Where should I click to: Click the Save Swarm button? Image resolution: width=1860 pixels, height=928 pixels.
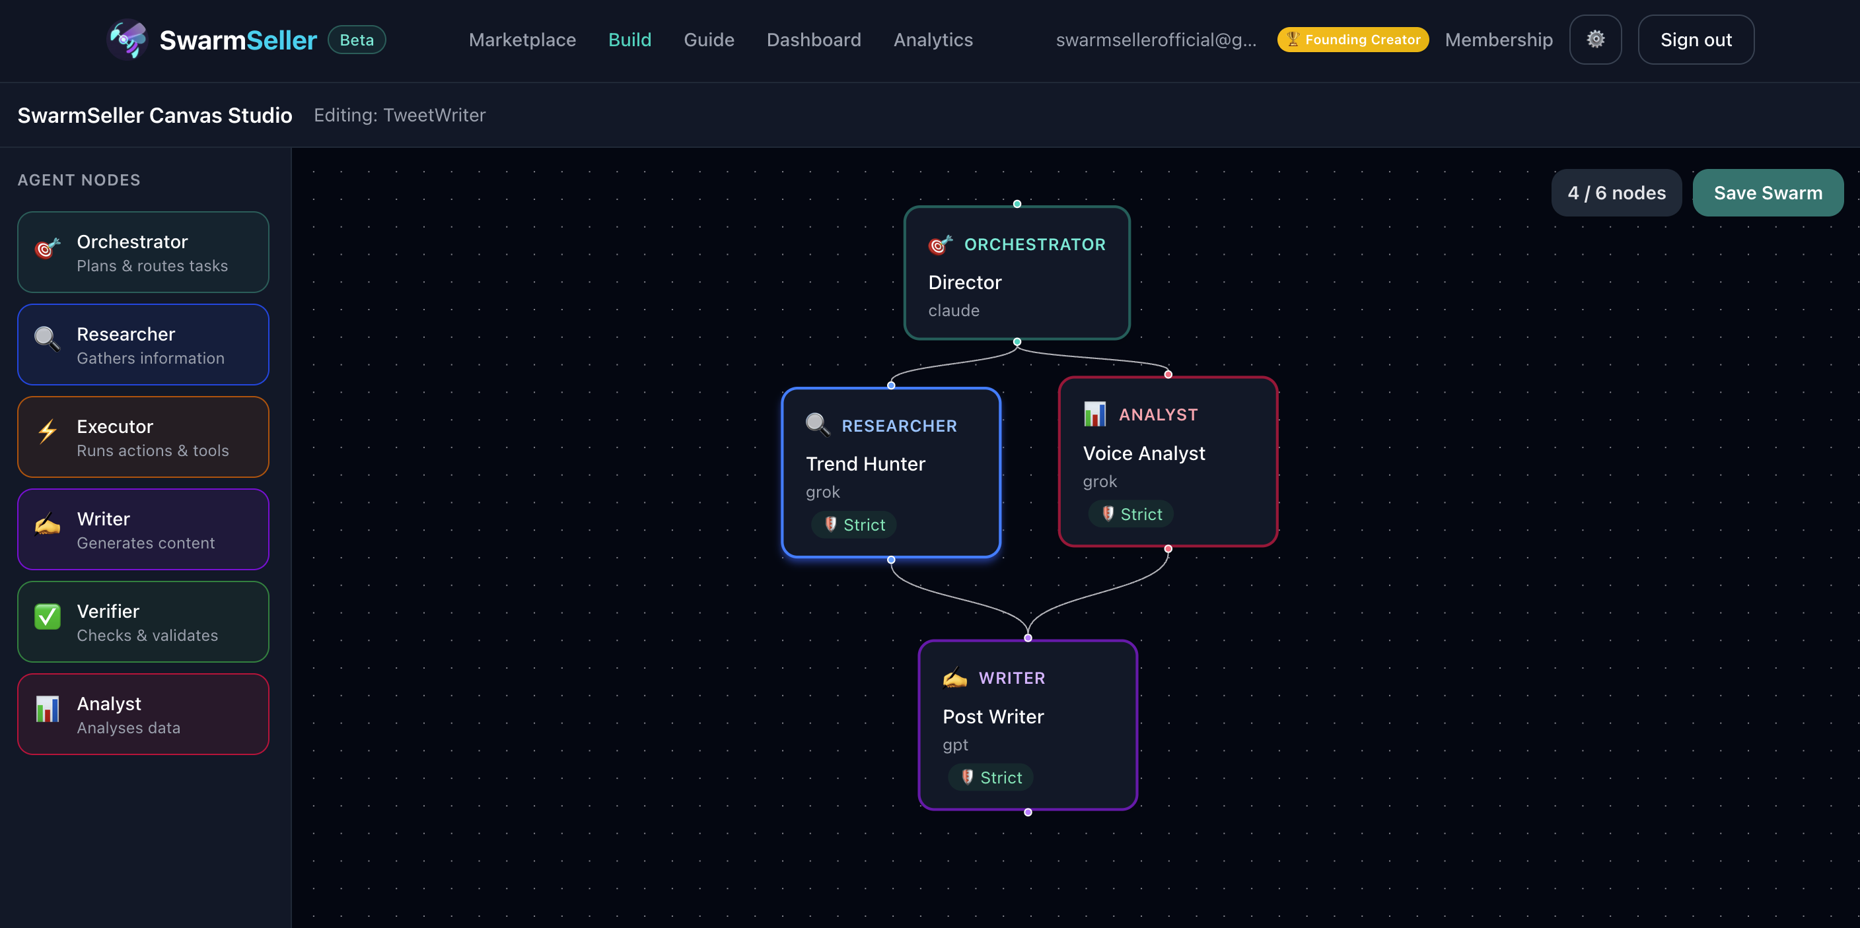point(1768,193)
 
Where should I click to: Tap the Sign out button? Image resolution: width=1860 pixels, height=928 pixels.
point(1696,40)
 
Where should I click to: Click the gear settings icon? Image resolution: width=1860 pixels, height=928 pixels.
point(1595,40)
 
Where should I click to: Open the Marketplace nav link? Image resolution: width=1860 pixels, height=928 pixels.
point(522,40)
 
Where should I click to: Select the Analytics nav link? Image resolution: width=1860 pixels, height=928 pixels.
point(933,40)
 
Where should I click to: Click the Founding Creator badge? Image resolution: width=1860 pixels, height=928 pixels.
point(1353,40)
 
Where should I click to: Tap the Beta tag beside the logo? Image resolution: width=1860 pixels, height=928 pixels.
point(357,40)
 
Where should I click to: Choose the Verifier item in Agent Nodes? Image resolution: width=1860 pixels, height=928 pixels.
point(143,621)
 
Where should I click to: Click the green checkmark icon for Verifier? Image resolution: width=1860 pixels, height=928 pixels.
point(48,616)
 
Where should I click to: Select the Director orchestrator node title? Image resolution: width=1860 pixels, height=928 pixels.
point(964,282)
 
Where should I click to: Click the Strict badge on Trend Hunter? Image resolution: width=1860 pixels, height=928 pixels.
point(854,525)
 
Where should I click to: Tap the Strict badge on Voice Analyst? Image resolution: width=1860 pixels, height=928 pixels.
point(1131,514)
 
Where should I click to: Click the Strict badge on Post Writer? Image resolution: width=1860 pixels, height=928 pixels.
point(991,777)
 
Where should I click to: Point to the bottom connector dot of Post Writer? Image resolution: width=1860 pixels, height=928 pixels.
point(1028,812)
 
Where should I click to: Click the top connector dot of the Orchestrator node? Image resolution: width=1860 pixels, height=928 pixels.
point(1017,204)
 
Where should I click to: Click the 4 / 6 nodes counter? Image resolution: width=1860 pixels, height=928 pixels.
point(1616,193)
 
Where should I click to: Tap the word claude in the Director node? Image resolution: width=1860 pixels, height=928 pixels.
point(954,310)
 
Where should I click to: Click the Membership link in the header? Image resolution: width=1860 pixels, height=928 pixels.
point(1498,40)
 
